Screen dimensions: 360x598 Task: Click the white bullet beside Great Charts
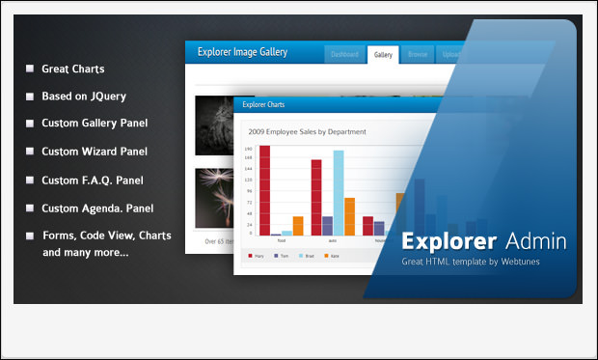coord(31,69)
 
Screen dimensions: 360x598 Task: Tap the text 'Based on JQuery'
coord(84,97)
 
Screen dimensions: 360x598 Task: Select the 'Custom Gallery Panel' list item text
coord(95,124)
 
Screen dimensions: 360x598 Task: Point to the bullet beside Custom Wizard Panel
coord(31,152)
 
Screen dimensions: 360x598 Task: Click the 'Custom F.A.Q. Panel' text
coord(93,180)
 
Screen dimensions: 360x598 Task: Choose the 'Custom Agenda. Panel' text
coord(97,208)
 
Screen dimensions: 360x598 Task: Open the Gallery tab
coord(383,55)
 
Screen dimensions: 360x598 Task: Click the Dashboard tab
coord(344,55)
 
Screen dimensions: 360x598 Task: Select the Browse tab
coord(418,55)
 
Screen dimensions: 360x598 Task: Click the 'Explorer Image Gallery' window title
coord(242,53)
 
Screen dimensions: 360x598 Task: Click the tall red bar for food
coord(264,190)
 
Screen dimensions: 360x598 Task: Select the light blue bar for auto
coord(339,193)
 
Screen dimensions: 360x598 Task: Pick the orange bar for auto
coord(349,216)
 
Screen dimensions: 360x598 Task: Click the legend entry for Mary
coord(258,256)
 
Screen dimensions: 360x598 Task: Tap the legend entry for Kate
coord(333,256)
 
